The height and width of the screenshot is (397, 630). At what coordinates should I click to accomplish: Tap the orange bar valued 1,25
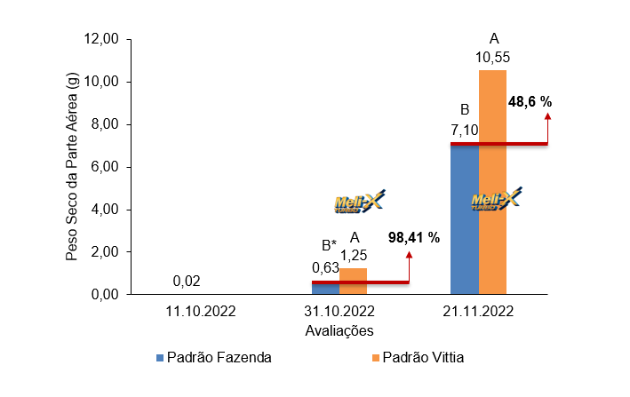(x=353, y=275)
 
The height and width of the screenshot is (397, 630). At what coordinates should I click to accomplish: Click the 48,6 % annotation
(x=530, y=102)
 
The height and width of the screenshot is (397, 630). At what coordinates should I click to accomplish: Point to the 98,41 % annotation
(x=414, y=238)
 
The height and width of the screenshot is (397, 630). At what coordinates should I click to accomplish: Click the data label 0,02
(x=187, y=282)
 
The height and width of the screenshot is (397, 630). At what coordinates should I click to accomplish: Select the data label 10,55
(x=492, y=58)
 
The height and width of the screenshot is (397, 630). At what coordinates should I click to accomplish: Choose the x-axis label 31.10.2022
(x=339, y=312)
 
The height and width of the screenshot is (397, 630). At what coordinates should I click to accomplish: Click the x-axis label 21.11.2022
(x=478, y=312)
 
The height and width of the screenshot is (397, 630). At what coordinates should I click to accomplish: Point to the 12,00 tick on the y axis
(x=100, y=39)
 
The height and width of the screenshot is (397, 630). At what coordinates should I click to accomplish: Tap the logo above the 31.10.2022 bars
(x=360, y=203)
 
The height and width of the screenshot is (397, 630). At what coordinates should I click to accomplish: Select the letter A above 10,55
(x=494, y=39)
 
